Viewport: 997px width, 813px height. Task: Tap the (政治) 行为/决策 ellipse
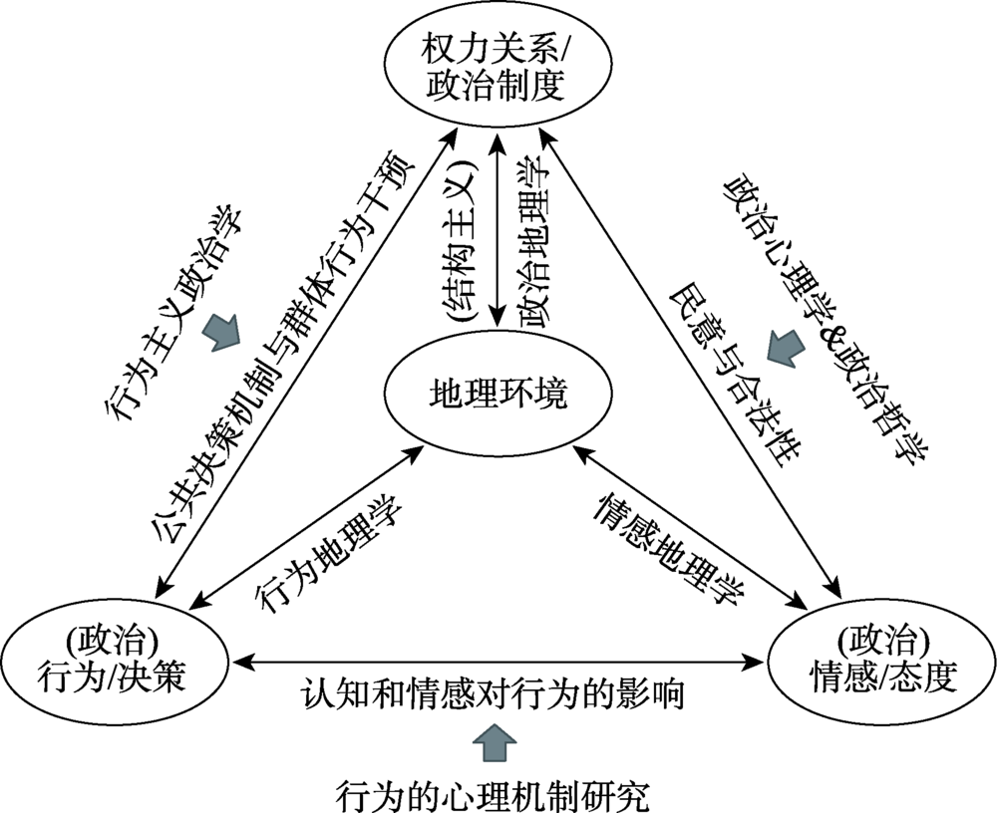click(117, 660)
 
